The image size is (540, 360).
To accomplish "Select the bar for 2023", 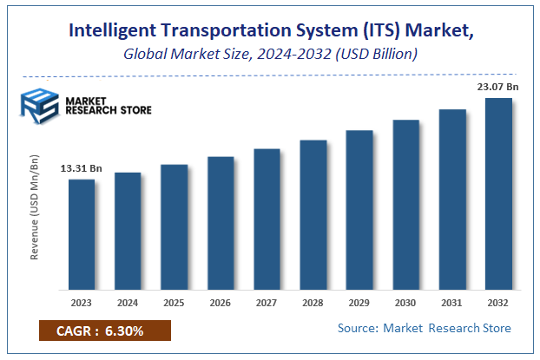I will (82, 234).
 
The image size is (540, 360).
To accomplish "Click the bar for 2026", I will (221, 223).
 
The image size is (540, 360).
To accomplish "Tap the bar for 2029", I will (359, 210).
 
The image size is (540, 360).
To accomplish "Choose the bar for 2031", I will (452, 200).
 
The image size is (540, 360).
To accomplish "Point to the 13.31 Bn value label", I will (81, 168).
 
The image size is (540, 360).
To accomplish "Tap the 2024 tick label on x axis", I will (128, 304).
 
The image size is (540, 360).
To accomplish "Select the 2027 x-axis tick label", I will (267, 304).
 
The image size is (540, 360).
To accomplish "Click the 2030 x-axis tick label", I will (405, 304).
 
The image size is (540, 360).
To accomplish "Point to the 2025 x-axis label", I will (174, 304).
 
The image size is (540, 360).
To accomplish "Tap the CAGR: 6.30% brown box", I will (105, 331).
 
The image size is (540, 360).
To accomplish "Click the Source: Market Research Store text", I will (424, 328).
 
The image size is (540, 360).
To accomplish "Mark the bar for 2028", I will (313, 214).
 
